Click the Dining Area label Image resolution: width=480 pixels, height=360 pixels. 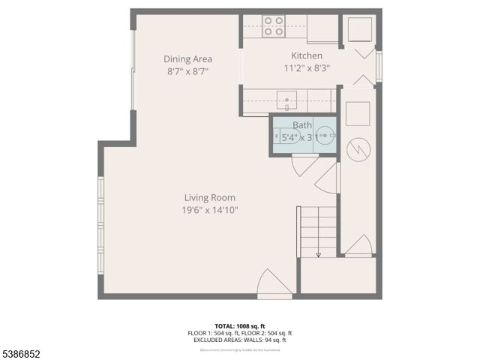pyautogui.click(x=187, y=59)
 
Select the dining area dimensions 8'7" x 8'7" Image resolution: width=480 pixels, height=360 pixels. pyautogui.click(x=187, y=71)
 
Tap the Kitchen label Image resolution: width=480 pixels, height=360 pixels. pyautogui.click(x=307, y=55)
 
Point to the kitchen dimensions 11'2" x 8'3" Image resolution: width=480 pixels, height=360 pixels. pyautogui.click(x=307, y=67)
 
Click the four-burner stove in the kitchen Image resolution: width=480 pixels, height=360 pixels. pyautogui.click(x=274, y=27)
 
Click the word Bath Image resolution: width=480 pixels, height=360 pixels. pyautogui.click(x=302, y=125)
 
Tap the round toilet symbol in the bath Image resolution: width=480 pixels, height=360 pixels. pyautogui.click(x=325, y=136)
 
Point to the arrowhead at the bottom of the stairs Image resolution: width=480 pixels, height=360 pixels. pyautogui.click(x=318, y=255)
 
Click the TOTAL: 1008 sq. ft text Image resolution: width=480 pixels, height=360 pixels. pyautogui.click(x=240, y=326)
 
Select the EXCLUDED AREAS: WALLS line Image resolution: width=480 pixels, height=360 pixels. pyautogui.click(x=240, y=340)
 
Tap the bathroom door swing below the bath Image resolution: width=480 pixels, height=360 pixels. pyautogui.click(x=306, y=166)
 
